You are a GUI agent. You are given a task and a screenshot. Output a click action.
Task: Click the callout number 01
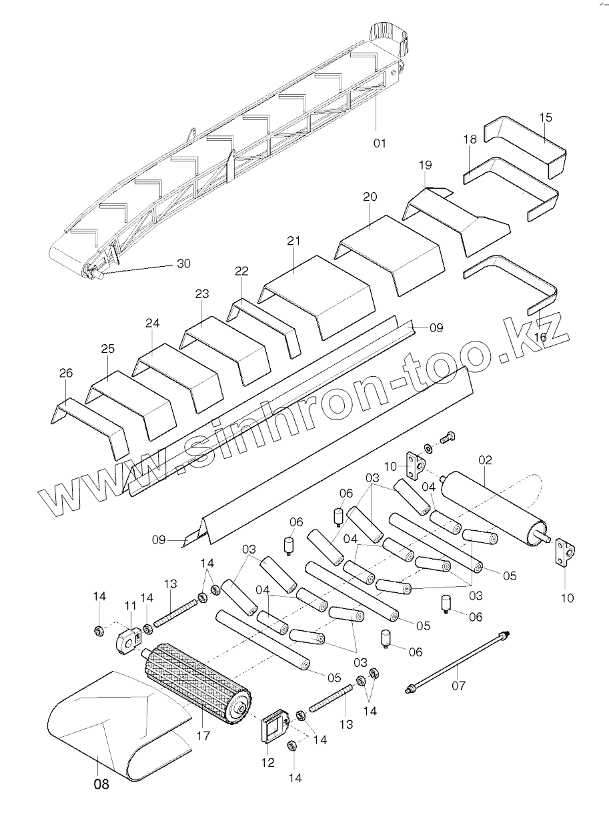tap(380, 143)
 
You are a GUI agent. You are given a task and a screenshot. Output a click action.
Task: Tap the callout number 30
tap(183, 263)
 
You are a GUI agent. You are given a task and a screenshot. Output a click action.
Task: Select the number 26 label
tap(65, 373)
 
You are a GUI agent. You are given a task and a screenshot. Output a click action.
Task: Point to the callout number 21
tap(294, 241)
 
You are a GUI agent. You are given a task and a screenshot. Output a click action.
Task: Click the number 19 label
tap(426, 164)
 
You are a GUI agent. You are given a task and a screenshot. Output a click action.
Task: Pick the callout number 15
tap(546, 117)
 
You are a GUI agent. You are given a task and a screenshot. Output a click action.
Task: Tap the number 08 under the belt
tap(101, 784)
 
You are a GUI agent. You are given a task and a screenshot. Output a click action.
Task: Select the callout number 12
tap(267, 763)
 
